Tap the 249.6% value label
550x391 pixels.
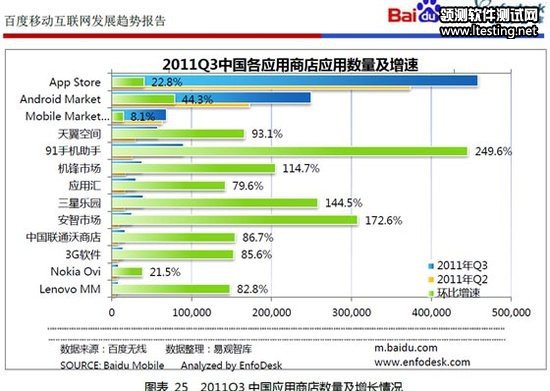(491, 151)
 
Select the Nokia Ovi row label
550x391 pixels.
(76, 271)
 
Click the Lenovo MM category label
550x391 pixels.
(71, 288)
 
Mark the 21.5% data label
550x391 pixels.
(164, 271)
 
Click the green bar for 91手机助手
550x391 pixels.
(290, 151)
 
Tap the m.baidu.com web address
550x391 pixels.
(404, 349)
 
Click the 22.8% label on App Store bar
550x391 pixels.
(165, 82)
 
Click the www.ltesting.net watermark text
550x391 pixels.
(486, 31)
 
